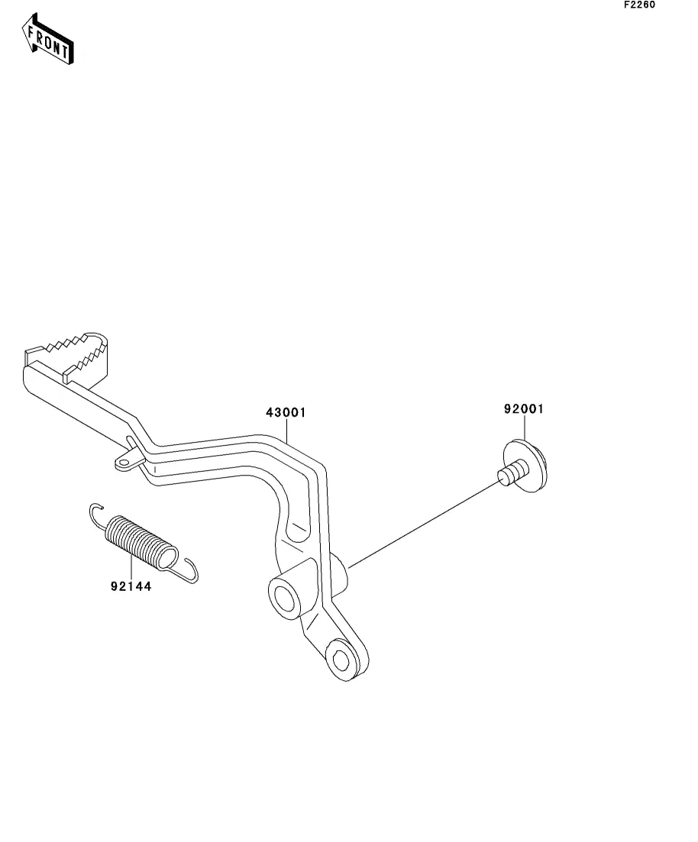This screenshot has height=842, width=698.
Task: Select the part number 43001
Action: click(x=286, y=413)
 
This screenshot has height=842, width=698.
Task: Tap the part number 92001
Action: click(x=523, y=409)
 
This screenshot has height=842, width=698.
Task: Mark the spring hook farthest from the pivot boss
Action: click(x=95, y=511)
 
